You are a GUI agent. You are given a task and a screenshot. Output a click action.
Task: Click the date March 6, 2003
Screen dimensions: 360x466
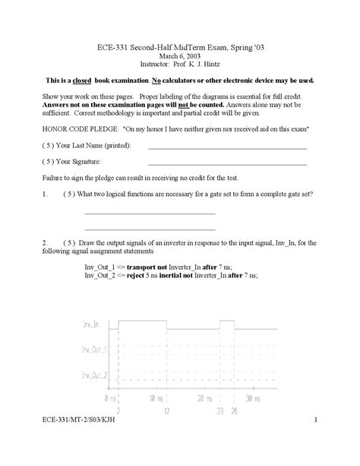[x=180, y=56]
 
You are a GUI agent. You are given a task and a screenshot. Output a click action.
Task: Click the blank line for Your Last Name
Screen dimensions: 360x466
[x=227, y=147]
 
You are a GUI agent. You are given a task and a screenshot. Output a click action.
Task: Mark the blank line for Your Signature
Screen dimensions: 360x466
[x=227, y=163]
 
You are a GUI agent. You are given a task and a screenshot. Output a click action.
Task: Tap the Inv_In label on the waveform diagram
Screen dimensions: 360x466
[x=91, y=325]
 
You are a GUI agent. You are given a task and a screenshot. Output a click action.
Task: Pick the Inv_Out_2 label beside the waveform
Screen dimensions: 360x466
[x=95, y=376]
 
